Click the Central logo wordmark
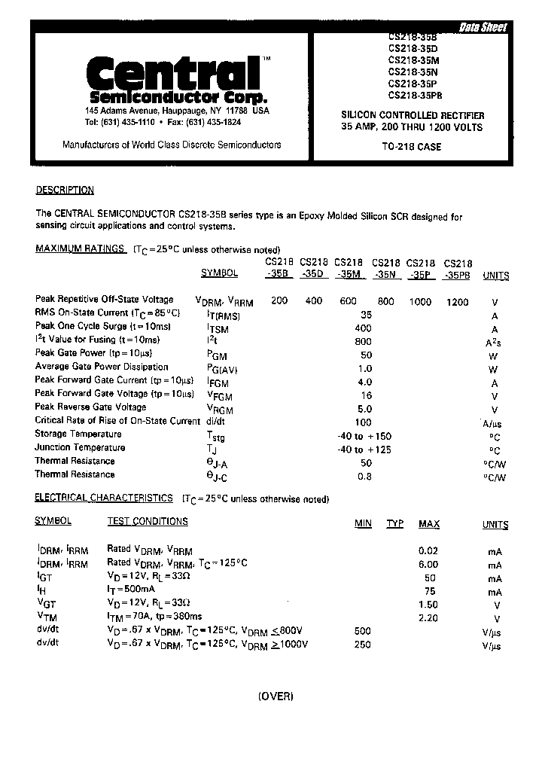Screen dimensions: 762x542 [172, 73]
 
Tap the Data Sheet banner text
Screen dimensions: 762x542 [483, 28]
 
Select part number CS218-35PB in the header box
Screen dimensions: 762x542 [415, 95]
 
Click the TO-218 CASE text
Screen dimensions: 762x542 [411, 147]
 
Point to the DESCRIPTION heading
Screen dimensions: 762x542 [65, 190]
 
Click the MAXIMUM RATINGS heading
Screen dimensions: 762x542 [80, 249]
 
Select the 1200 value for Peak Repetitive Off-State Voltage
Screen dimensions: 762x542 [457, 302]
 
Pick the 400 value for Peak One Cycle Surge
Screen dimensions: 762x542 [364, 329]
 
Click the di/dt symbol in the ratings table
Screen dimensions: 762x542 [216, 422]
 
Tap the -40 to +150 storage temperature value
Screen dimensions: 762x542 [364, 436]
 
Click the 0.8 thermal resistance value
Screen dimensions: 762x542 [366, 477]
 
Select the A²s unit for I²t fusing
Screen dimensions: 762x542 [494, 343]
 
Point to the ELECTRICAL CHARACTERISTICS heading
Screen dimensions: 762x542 [104, 498]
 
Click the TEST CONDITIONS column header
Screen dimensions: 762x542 [148, 521]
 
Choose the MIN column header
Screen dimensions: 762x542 [363, 524]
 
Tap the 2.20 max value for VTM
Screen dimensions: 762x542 [428, 618]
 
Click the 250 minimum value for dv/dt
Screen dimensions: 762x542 [363, 645]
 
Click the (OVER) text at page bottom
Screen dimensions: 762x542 [275, 696]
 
